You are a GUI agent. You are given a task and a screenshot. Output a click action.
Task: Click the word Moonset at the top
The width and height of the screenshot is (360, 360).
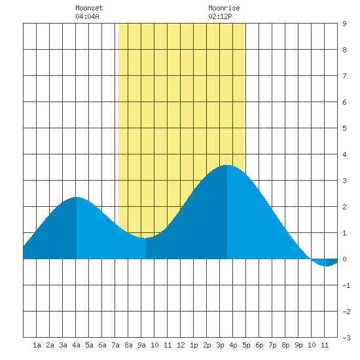pos(89,8)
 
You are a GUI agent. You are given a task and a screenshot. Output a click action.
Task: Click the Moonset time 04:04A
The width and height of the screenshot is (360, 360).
pos(87,16)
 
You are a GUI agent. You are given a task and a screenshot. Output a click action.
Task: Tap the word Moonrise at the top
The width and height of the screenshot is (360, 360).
pos(224,8)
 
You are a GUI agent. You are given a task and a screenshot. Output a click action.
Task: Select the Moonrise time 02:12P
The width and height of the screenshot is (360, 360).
pos(220,16)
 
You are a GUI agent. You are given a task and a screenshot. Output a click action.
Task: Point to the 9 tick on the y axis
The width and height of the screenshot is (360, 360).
pos(344,24)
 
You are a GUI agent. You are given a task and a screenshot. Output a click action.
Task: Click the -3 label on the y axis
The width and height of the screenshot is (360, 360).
pos(346,338)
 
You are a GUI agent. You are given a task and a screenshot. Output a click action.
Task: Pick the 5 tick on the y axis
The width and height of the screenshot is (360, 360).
pos(344,128)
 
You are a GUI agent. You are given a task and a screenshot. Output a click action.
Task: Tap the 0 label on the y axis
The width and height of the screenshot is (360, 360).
pos(344,259)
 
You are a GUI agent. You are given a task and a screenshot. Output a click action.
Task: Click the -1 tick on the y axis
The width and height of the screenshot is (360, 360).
pos(346,285)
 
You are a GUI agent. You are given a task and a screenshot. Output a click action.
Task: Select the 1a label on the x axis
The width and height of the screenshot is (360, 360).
pos(37,345)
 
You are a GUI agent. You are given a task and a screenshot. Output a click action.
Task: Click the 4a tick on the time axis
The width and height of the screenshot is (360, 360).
pos(76,345)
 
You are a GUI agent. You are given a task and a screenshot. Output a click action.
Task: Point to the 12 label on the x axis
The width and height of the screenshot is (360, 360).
pos(181,345)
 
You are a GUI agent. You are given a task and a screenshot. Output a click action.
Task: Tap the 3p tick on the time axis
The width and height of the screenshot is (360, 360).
pos(220,345)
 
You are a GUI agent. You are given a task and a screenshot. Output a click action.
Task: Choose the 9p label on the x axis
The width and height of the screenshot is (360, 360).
pos(298,345)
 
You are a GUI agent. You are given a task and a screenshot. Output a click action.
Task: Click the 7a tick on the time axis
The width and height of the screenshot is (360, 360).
pos(115,345)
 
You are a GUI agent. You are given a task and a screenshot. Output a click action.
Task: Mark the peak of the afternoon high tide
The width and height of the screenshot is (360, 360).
pos(227,165)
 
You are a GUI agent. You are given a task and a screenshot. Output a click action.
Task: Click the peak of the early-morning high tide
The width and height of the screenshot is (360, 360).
pos(77,197)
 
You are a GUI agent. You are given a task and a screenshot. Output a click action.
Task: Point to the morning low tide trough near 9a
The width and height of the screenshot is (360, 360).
pos(146,238)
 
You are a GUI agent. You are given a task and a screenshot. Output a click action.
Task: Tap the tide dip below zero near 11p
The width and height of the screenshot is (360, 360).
pos(326,266)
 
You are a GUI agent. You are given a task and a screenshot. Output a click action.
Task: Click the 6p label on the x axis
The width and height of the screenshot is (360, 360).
pos(259,345)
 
